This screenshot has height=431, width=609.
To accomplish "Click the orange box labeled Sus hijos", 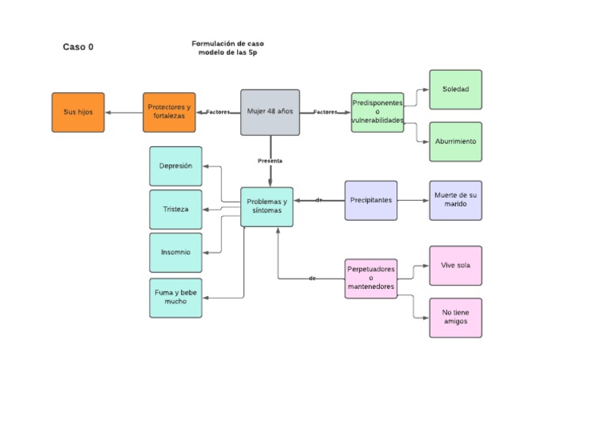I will (78, 112).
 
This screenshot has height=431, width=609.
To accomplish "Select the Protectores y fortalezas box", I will (169, 112).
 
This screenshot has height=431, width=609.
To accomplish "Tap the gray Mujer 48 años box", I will (270, 112).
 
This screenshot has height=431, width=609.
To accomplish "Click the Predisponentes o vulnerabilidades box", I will (377, 112).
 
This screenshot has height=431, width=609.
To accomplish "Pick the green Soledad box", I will (455, 90).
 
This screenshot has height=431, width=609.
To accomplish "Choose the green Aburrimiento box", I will (455, 141).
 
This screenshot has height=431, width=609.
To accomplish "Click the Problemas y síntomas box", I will (266, 206).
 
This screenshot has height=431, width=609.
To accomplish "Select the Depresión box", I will (175, 166).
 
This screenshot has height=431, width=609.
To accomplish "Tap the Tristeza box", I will (175, 210).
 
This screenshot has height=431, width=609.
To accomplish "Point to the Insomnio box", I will (175, 252).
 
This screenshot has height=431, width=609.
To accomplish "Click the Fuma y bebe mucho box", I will (175, 298).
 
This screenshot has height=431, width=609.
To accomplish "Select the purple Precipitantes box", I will (370, 200).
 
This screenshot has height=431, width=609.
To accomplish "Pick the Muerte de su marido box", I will (455, 200).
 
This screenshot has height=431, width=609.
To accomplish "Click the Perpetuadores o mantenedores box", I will (370, 279).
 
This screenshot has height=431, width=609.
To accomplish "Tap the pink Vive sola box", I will (455, 265).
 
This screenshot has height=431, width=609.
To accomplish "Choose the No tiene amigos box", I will (455, 317).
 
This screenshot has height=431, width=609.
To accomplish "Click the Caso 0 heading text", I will (78, 47).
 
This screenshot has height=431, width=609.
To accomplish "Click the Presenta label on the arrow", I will (270, 160).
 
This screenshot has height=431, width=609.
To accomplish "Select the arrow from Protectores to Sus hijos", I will (124, 112).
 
